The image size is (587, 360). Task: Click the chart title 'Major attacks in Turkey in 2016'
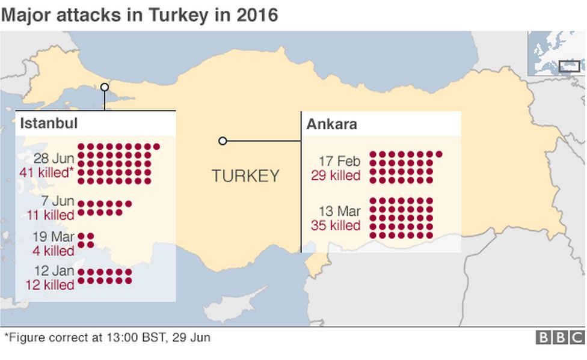[x=140, y=14]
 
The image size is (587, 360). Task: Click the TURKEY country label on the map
[x=245, y=175]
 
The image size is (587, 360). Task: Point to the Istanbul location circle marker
[x=105, y=87]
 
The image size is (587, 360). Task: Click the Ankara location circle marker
[x=223, y=141]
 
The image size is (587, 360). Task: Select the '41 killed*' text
[x=47, y=172]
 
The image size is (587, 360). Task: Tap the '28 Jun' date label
[x=54, y=159]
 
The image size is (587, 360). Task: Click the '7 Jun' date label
[x=58, y=201]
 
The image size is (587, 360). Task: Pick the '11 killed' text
[x=51, y=215]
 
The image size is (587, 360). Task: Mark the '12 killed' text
[x=50, y=284]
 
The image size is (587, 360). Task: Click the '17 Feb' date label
[x=340, y=161]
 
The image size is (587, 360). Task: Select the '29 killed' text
[x=336, y=175]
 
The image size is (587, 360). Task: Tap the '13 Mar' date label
[x=340, y=212]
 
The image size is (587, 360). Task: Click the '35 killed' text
[x=336, y=226]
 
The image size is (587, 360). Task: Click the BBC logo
[x=559, y=338]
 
